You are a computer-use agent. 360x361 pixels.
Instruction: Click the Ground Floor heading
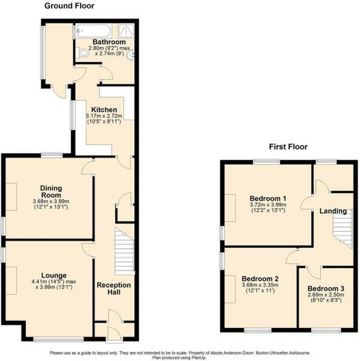(x=69, y=6)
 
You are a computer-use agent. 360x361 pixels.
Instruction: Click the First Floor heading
(x=288, y=147)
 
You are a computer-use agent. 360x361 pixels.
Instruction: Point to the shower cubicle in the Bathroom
(x=126, y=31)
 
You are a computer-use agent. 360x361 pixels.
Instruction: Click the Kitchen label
(x=104, y=110)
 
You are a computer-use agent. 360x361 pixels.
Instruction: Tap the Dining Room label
(x=51, y=192)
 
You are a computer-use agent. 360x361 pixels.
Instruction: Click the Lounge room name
(x=54, y=275)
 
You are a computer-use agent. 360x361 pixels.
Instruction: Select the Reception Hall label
(x=114, y=288)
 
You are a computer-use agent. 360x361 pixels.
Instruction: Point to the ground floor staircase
(x=124, y=251)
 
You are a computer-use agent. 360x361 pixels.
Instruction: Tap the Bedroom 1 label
(x=268, y=198)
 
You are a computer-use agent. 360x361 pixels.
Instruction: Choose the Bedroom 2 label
(x=260, y=279)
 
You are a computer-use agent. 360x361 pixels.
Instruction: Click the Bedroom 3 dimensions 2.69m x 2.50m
(x=326, y=295)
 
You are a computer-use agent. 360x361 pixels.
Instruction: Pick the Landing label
(x=333, y=211)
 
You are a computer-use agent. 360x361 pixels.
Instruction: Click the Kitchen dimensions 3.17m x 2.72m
(x=104, y=116)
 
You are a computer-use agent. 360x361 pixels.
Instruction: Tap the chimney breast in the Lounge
(x=11, y=281)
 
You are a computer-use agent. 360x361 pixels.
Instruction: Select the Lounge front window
(x=58, y=339)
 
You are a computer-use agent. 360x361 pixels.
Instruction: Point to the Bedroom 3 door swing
(x=314, y=272)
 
